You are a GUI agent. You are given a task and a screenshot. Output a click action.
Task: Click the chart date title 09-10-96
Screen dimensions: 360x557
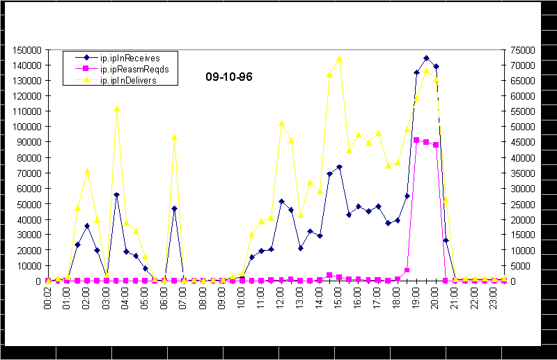(x=228, y=77)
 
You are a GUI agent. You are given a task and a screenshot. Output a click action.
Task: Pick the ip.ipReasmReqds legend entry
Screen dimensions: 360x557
(x=130, y=69)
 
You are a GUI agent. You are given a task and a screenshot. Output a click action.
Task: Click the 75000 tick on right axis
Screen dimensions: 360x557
(x=524, y=50)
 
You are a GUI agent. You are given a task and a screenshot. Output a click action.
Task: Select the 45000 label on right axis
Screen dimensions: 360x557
(x=524, y=142)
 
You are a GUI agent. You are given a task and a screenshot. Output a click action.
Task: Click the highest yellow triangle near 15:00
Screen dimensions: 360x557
(x=339, y=58)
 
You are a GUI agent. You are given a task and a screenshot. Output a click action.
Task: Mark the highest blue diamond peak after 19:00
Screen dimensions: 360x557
(x=426, y=58)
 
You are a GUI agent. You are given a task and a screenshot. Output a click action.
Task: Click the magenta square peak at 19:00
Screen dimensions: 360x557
(x=416, y=140)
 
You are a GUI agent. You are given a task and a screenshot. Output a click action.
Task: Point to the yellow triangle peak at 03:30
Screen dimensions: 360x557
(x=116, y=109)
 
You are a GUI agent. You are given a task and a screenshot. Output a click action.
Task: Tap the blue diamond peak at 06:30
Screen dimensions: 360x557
(x=174, y=208)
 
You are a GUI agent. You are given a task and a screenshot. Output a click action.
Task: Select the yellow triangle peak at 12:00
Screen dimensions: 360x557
(x=281, y=123)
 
